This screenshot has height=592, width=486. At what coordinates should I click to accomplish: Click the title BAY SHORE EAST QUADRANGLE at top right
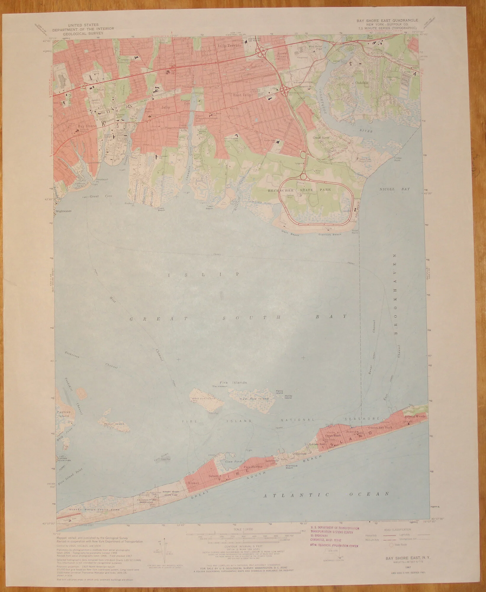385,20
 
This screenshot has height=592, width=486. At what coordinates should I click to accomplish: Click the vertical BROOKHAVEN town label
394,295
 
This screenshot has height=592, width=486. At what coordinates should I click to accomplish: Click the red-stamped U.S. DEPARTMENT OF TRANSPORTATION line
335,528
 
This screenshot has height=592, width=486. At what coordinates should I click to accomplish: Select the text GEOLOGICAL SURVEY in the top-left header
75,33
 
